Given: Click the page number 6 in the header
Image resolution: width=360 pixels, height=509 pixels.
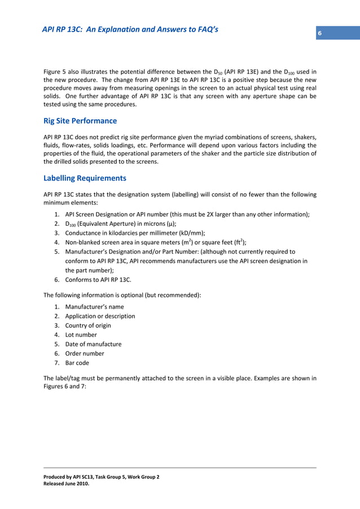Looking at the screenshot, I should tap(319, 34).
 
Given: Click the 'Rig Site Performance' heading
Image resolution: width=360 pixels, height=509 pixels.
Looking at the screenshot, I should tap(80, 121).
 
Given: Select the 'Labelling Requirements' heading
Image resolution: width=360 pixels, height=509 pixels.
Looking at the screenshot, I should tap(85, 178).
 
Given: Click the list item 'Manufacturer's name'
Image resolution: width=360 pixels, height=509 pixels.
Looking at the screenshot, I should tap(94, 306).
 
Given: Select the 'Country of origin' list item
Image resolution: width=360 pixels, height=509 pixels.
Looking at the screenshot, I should tap(88, 326).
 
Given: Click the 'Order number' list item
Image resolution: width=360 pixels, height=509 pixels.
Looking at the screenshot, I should tap(85, 354).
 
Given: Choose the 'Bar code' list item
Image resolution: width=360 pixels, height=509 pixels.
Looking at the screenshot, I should tap(77, 363).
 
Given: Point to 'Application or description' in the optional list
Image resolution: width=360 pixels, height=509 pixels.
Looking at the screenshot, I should tap(100, 316).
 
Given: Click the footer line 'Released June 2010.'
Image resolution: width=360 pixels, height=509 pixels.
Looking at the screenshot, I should tap(66, 484).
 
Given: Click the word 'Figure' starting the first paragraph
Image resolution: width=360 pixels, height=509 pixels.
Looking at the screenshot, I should tap(52, 72).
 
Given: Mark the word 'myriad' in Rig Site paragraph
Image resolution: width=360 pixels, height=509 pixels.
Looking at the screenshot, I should tap(216, 137).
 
